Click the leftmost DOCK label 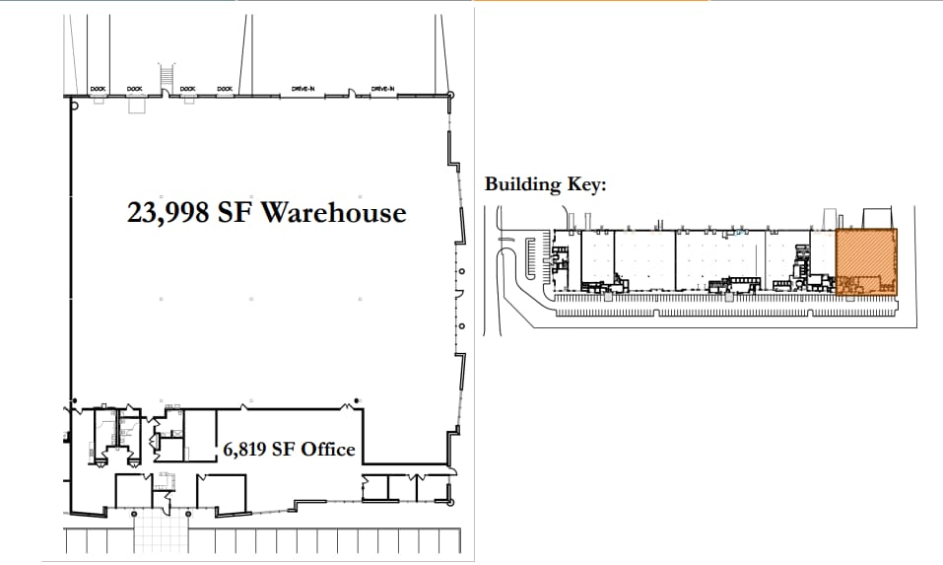point(98,89)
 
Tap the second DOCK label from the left point(134,89)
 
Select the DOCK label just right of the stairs point(187,89)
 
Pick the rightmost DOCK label point(225,89)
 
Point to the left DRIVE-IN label point(302,89)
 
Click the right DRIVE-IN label point(383,89)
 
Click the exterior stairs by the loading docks point(166,76)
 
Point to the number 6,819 point(243,450)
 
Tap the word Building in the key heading point(521,184)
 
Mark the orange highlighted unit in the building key point(866,261)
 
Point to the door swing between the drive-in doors point(353,95)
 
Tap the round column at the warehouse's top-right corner point(451,95)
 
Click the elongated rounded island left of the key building point(537,258)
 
